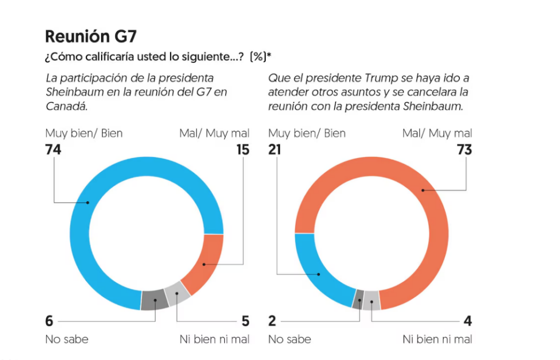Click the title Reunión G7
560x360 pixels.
click(x=90, y=37)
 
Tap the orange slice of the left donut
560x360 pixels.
click(x=203, y=265)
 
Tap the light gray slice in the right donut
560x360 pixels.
click(x=371, y=299)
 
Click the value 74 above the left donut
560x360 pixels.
click(x=53, y=149)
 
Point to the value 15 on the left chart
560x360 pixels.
click(x=242, y=149)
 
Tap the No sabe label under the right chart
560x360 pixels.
click(x=289, y=339)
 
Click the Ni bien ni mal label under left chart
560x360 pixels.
click(x=214, y=339)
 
